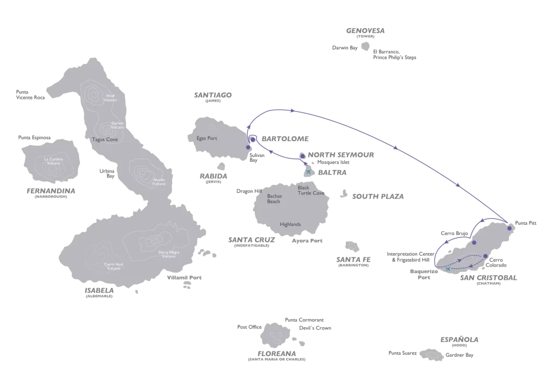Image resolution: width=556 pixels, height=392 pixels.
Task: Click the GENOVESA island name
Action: pyautogui.click(x=365, y=31)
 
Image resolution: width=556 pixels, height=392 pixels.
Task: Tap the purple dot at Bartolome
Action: pyautogui.click(x=252, y=138)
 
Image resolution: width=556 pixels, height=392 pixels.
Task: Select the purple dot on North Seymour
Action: pyautogui.click(x=302, y=156)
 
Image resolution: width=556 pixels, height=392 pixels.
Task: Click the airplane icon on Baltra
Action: pyautogui.click(x=309, y=172)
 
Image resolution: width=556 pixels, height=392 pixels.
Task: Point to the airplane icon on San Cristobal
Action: pyautogui.click(x=447, y=269)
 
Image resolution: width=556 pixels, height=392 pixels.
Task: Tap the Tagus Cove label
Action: pyautogui.click(x=105, y=140)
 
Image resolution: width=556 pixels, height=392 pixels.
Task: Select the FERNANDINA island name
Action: pyautogui.click(x=50, y=191)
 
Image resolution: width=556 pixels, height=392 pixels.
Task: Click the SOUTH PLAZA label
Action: pyautogui.click(x=378, y=197)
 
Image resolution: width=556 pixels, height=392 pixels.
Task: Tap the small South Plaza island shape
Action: pyautogui.click(x=344, y=193)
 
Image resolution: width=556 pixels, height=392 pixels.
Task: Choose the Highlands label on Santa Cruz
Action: pyautogui.click(x=290, y=224)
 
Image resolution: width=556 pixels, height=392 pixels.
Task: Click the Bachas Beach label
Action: pyautogui.click(x=274, y=199)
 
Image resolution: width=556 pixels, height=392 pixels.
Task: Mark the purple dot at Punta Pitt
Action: pyautogui.click(x=509, y=228)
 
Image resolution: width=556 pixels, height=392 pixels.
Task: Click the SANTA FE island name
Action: pyautogui.click(x=353, y=260)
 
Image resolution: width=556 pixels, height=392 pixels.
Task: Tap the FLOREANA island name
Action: pyautogui.click(x=276, y=353)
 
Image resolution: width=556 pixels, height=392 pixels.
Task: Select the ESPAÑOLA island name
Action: pyautogui.click(x=459, y=340)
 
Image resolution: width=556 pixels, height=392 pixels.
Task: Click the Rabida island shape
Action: pyautogui.click(x=221, y=166)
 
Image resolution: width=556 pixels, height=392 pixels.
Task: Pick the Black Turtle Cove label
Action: pyautogui.click(x=311, y=191)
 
